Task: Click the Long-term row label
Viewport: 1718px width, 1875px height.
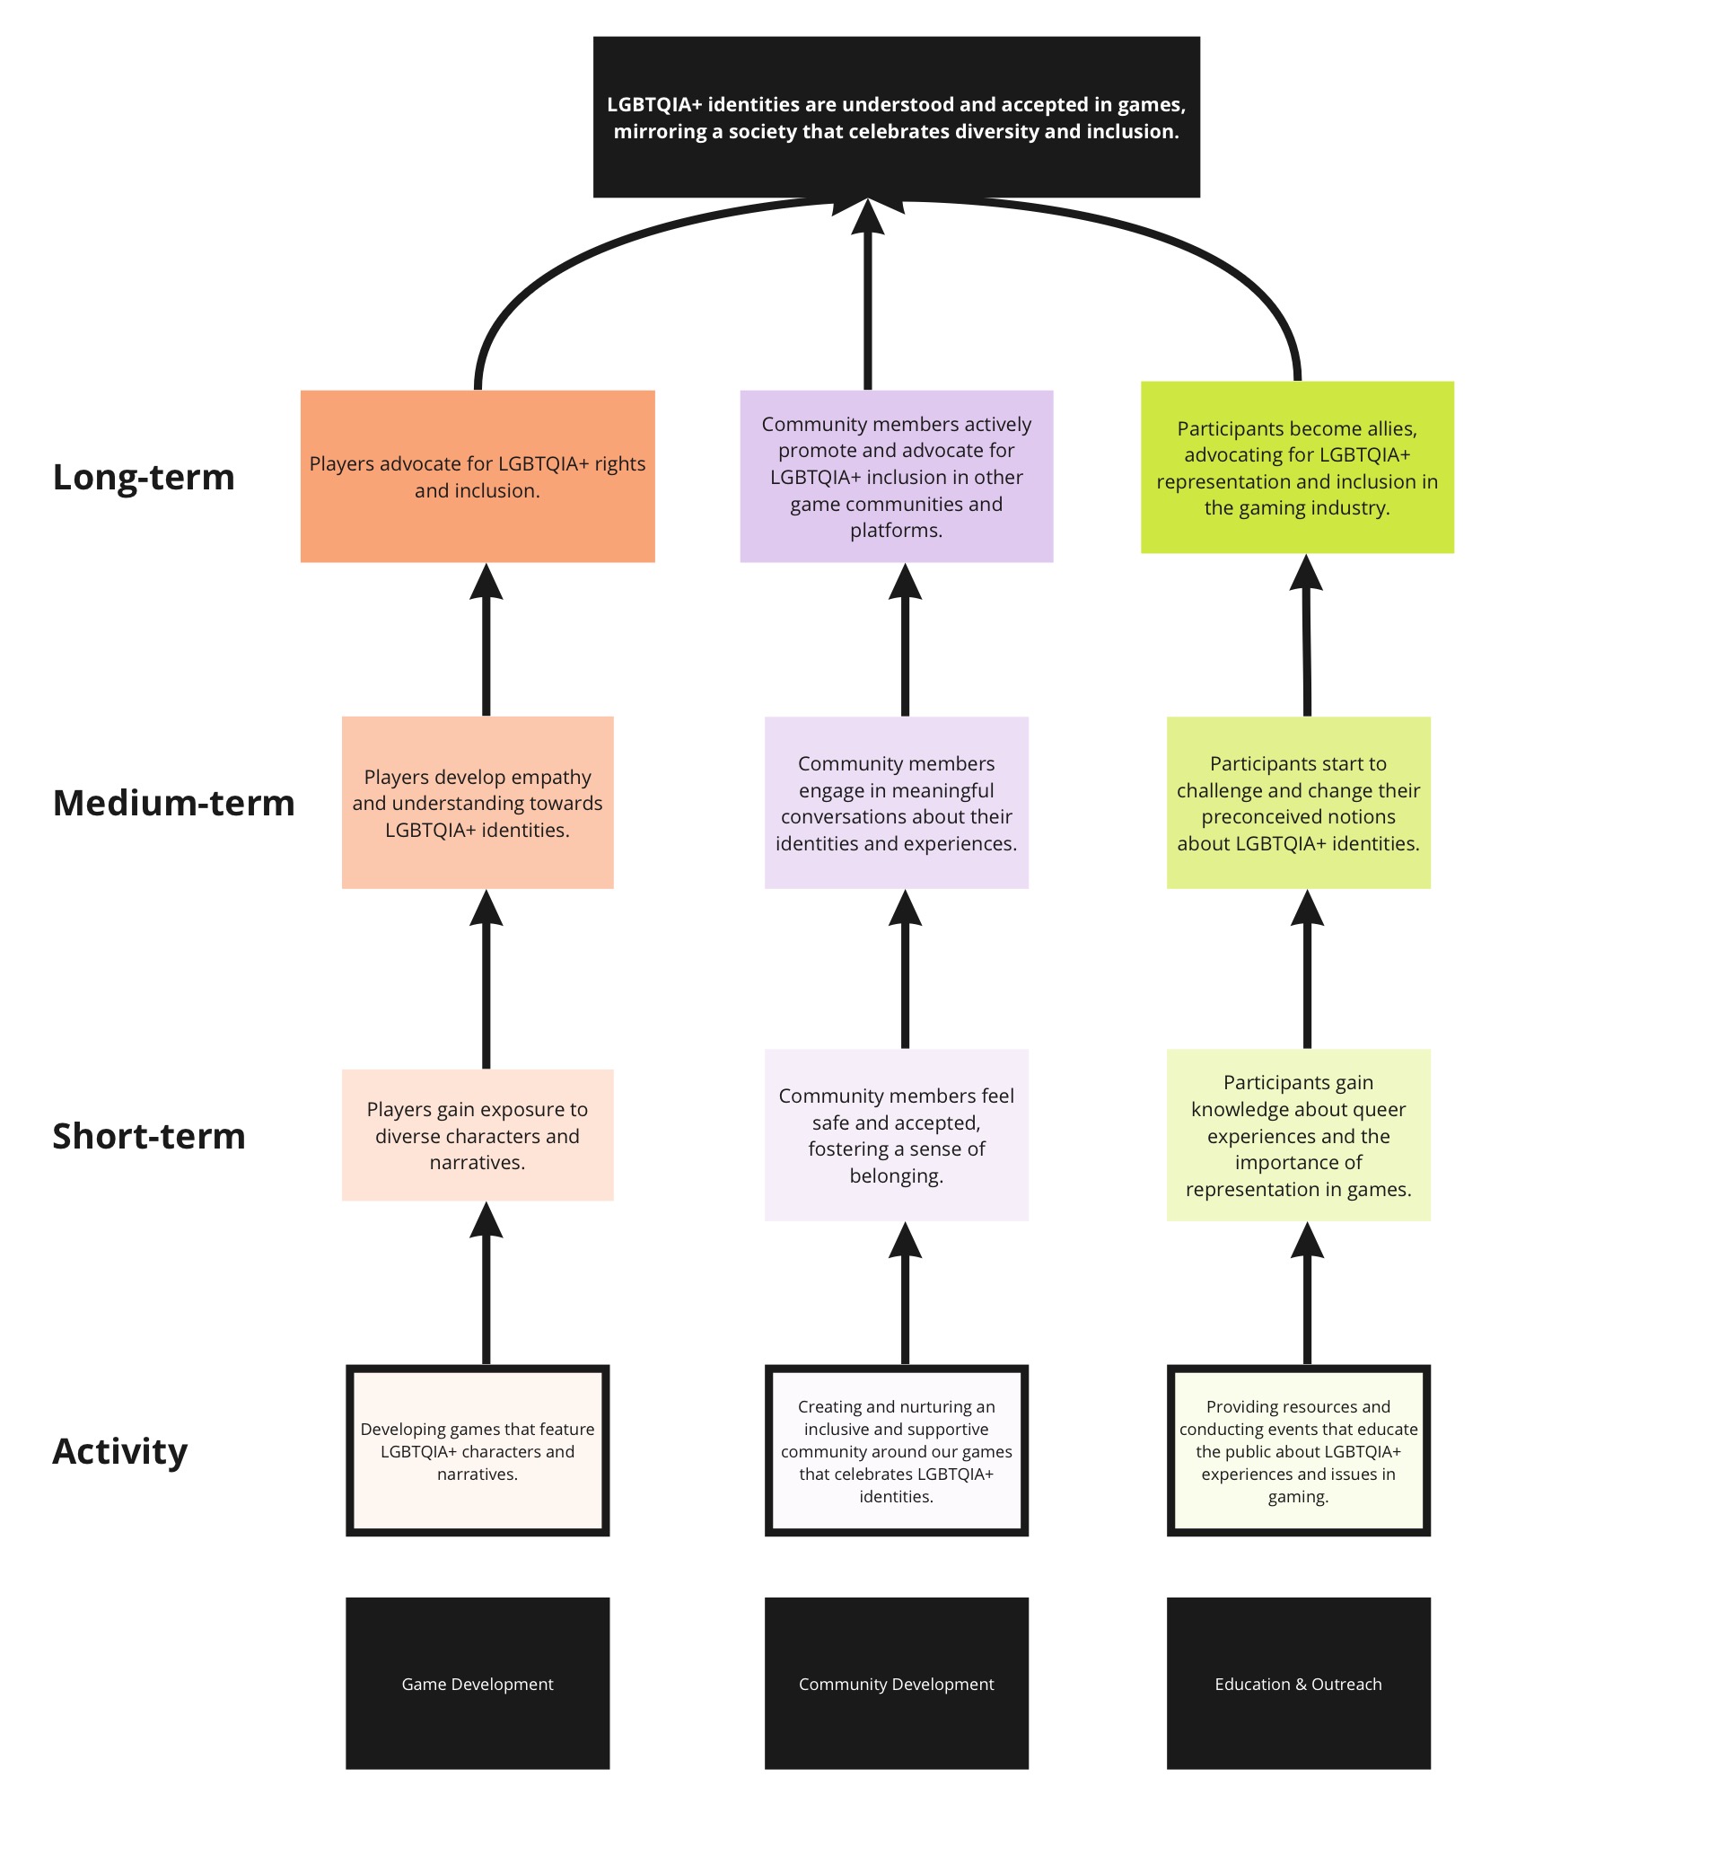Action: [x=144, y=477]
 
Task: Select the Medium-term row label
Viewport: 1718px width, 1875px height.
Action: [x=173, y=803]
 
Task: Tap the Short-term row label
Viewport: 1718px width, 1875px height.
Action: [x=149, y=1136]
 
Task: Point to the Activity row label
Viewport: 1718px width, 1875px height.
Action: [x=120, y=1451]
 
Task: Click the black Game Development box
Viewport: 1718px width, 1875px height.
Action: [x=477, y=1684]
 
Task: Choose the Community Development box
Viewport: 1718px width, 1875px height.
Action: [x=896, y=1684]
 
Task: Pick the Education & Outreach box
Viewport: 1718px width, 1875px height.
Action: [x=1298, y=1684]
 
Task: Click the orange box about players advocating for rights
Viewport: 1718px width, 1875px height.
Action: [x=477, y=476]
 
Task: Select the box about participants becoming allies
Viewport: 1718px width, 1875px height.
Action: [x=1297, y=467]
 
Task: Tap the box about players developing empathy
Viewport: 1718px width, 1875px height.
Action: [x=477, y=803]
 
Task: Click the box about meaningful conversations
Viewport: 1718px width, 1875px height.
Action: [x=896, y=803]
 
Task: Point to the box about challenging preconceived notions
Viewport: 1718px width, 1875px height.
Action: [x=1298, y=803]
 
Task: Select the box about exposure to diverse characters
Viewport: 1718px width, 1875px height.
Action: [x=477, y=1136]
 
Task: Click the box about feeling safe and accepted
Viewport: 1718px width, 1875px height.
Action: [x=896, y=1136]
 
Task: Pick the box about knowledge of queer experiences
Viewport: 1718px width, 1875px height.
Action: [x=1298, y=1136]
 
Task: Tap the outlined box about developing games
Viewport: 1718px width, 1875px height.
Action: [x=477, y=1451]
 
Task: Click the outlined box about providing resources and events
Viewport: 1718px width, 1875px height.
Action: [x=1298, y=1451]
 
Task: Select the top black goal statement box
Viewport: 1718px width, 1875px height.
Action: [x=896, y=117]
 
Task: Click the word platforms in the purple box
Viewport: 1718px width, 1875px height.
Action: [x=896, y=530]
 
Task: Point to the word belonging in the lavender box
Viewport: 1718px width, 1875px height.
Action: [x=896, y=1175]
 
